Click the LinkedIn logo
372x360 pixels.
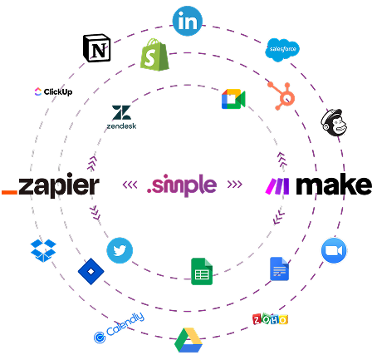188,21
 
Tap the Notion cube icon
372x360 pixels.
97,48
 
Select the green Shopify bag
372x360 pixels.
154,55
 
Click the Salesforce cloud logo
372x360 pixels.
282,50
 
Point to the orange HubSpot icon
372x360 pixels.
281,96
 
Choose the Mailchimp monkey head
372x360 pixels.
334,122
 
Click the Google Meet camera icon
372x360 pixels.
233,99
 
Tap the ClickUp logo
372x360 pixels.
53,91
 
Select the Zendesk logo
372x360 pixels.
121,117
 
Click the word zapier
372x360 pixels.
59,185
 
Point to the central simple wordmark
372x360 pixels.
182,185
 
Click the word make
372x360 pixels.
334,184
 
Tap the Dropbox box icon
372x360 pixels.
43,250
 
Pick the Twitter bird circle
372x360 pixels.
120,250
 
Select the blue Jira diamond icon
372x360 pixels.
91,271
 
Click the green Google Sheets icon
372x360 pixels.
202,271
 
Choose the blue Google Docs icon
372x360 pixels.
279,269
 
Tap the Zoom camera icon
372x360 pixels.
334,250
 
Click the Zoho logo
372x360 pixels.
270,319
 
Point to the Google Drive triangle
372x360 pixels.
188,340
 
